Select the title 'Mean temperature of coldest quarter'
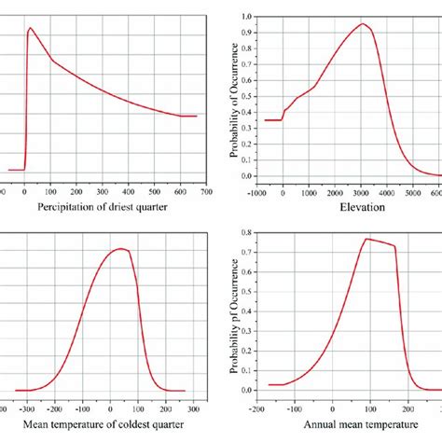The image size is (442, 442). tap(103, 426)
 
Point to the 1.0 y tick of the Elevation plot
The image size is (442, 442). tap(244, 17)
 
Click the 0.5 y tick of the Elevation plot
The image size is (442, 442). tap(244, 96)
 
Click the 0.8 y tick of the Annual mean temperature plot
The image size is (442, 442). tap(244, 233)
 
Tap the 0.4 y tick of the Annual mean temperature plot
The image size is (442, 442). tap(244, 312)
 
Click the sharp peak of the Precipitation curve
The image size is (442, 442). tap(31, 28)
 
